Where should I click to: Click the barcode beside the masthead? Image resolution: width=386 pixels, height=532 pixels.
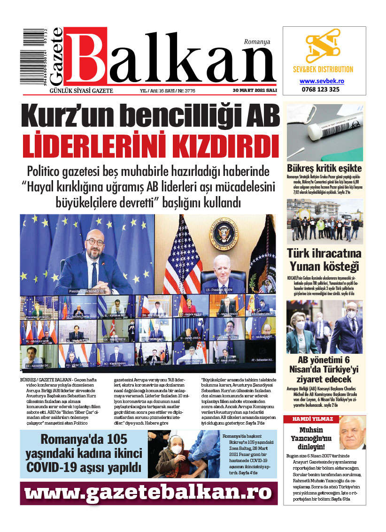(x=34, y=57)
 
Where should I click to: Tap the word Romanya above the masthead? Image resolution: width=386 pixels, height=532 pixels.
(x=257, y=42)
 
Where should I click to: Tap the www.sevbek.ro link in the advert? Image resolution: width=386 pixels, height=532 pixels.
(x=322, y=81)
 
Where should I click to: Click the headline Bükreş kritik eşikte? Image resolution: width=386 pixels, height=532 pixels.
(x=324, y=168)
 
